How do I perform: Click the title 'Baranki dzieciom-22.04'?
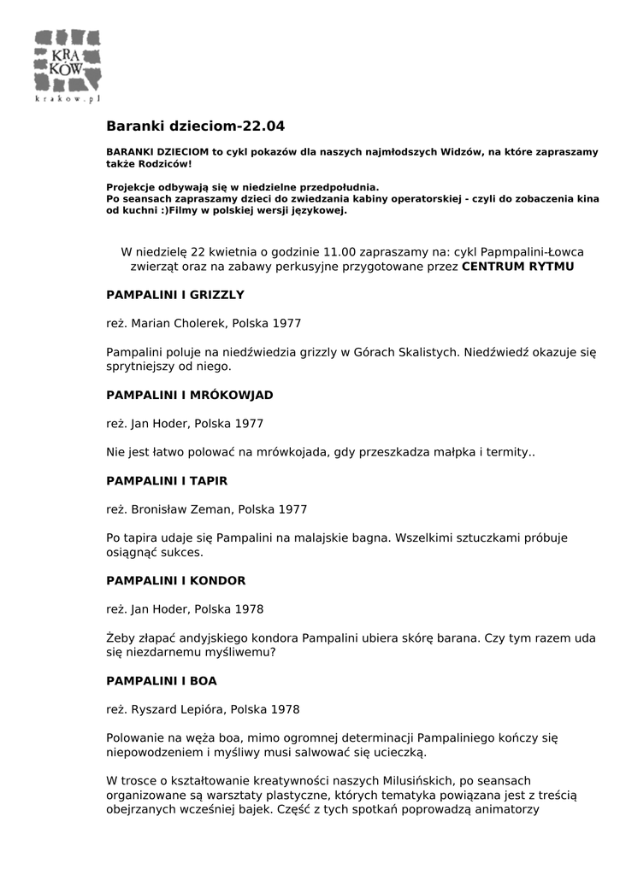pos(195,126)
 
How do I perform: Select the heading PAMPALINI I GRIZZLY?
pos(175,295)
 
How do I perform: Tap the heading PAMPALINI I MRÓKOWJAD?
pos(190,395)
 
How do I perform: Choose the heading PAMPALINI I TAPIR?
pos(167,480)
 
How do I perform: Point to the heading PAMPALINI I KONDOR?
pos(175,581)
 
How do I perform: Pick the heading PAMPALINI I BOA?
pos(161,681)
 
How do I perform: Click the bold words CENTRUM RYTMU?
pos(518,267)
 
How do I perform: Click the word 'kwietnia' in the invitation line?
pos(234,252)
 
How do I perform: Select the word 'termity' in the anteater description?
pos(508,452)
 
